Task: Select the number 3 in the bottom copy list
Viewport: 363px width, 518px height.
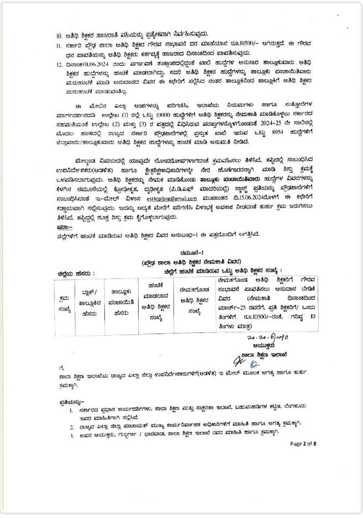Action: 72,437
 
